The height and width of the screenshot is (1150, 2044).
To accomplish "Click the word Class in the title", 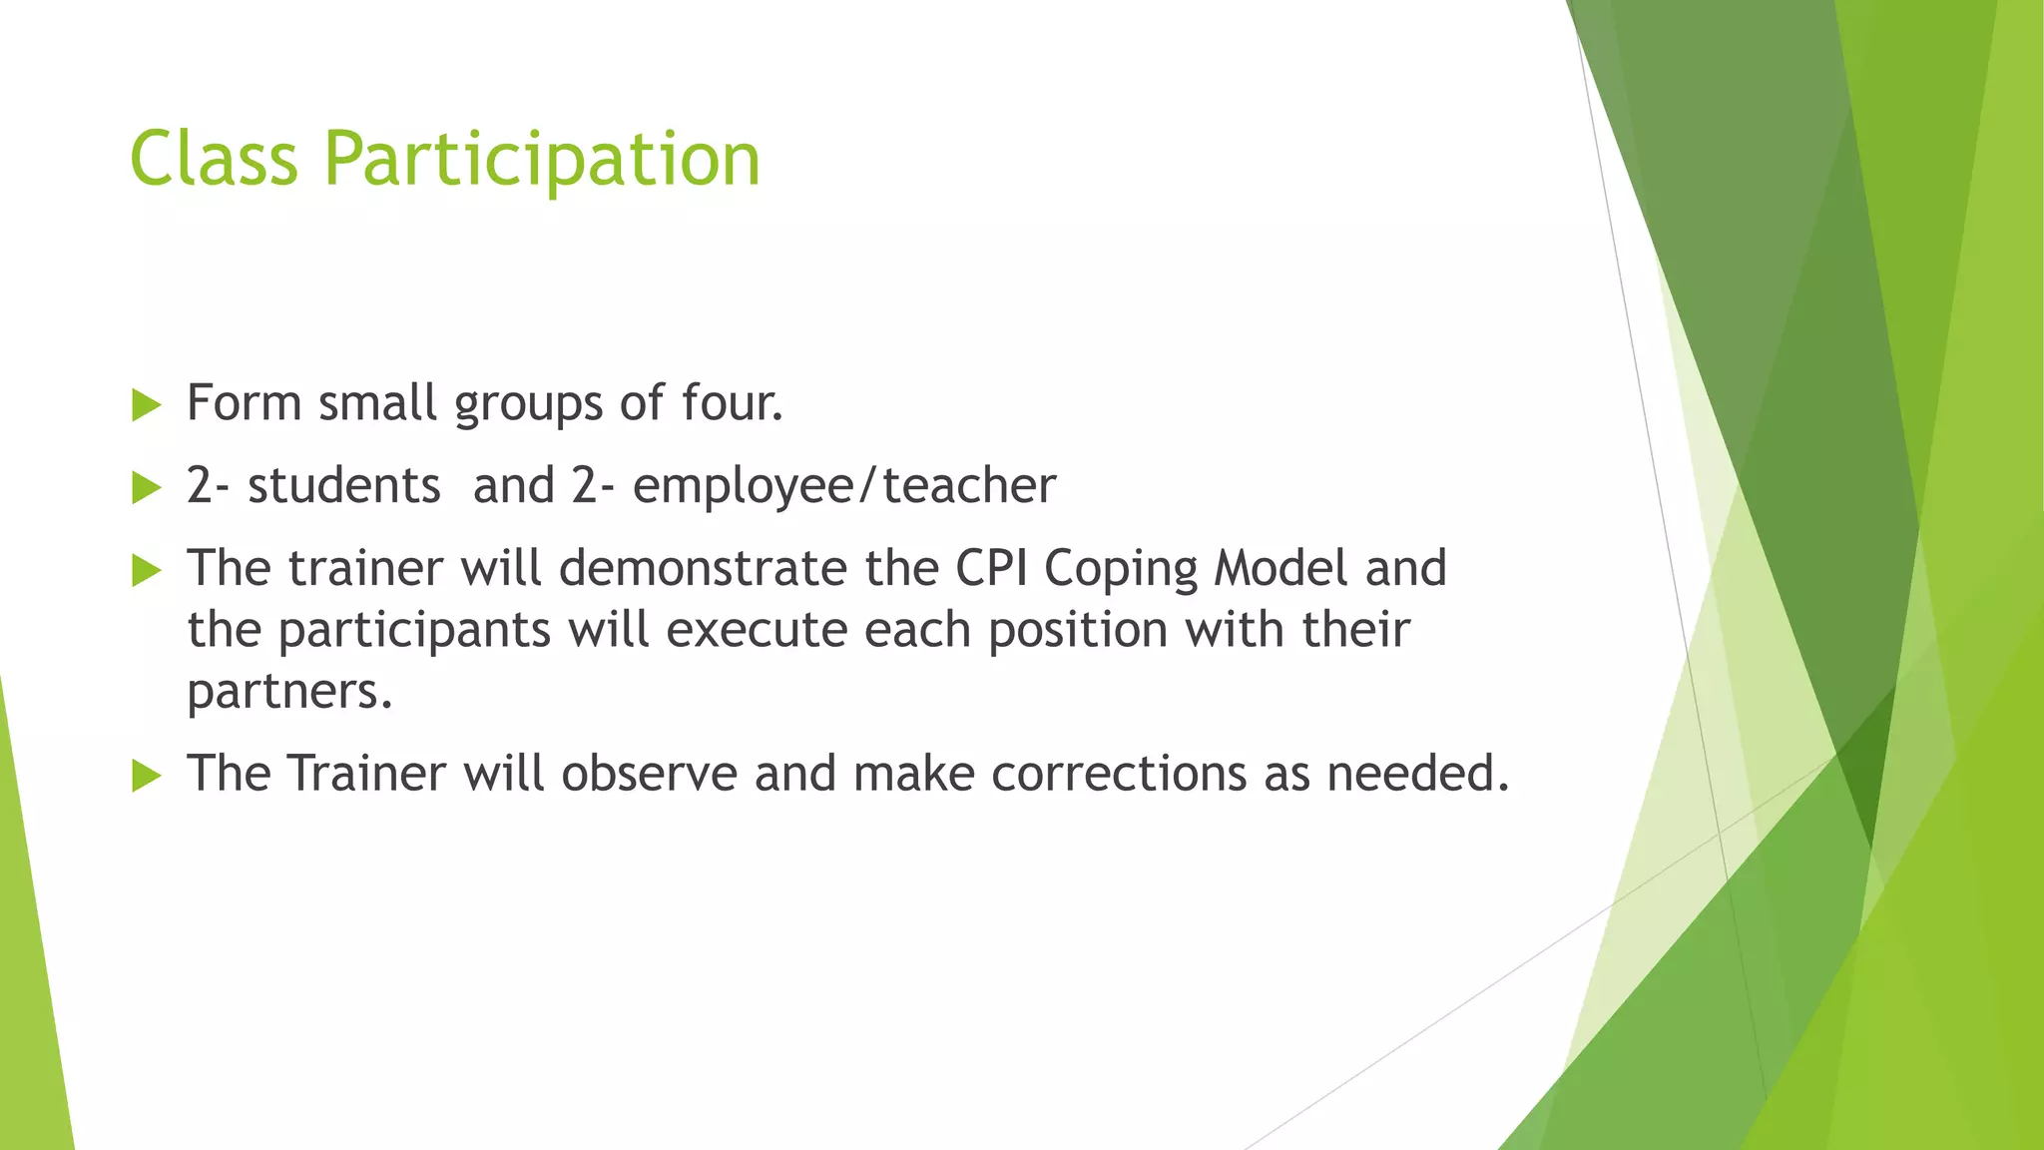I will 214,159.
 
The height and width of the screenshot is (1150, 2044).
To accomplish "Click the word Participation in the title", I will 542,161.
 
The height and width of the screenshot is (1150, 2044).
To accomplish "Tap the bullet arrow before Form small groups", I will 146,405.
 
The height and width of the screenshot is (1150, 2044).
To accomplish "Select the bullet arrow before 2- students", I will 146,488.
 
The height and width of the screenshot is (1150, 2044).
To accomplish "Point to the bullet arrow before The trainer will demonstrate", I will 146,571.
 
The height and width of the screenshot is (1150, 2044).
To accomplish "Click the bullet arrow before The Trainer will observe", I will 146,776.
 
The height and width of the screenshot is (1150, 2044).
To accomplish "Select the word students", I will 343,486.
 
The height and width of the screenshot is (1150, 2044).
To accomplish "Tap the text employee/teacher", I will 843,487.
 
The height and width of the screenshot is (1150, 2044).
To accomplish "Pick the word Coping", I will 1120,570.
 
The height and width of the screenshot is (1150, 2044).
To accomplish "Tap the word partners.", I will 289,692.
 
